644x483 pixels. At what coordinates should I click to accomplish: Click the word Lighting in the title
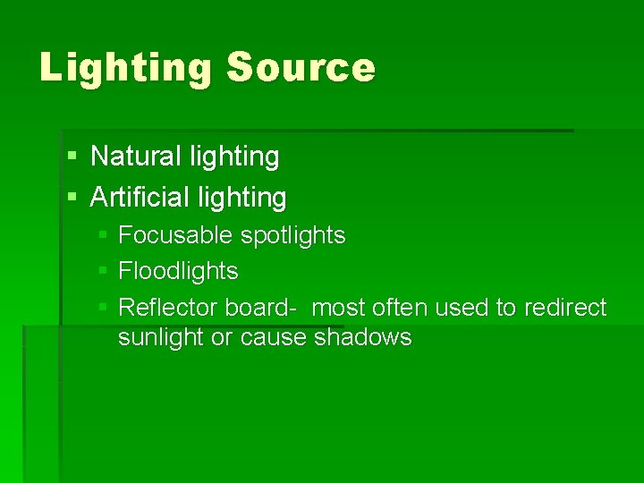coord(125,69)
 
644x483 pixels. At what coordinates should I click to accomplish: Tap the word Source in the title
coord(301,68)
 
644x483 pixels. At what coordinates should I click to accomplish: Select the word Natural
coord(137,157)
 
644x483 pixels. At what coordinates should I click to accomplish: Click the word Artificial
coord(137,197)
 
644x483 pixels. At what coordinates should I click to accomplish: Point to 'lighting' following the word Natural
coord(234,157)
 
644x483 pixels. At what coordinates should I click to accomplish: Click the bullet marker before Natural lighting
coord(72,157)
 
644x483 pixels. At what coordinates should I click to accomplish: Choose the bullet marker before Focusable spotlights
coord(103,235)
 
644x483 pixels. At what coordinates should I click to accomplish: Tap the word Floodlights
coord(178,271)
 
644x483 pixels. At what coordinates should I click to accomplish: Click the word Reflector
coord(168,308)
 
